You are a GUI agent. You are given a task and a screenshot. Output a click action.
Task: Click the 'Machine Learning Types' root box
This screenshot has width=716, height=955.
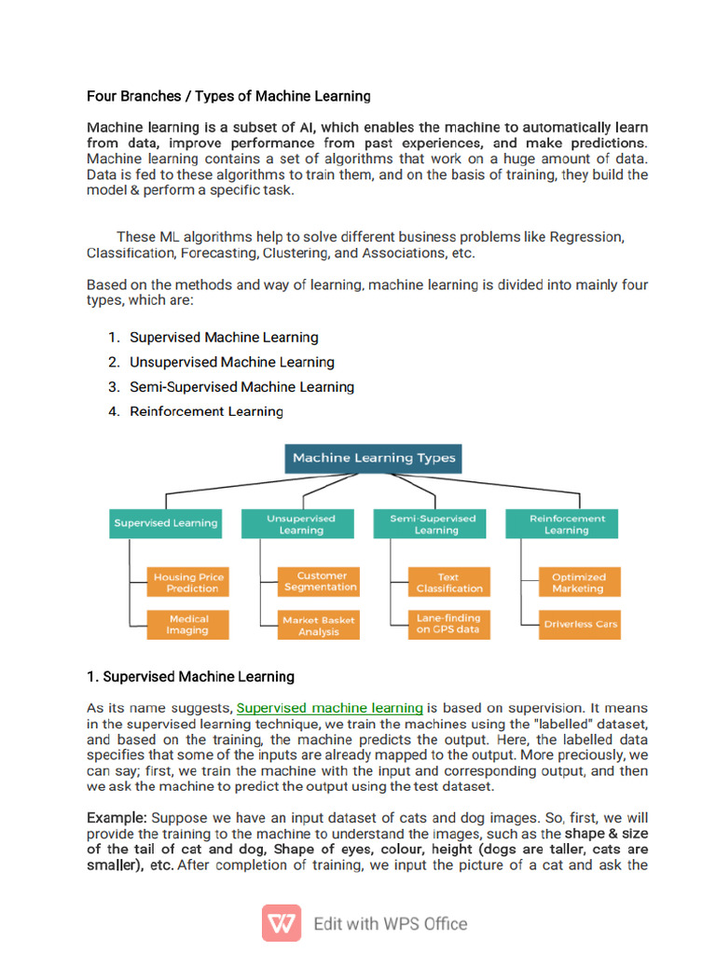(x=374, y=458)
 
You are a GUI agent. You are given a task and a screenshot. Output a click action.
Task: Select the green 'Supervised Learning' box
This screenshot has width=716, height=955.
(x=166, y=523)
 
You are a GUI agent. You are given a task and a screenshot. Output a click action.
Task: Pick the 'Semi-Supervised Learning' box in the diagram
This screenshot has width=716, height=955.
(x=432, y=524)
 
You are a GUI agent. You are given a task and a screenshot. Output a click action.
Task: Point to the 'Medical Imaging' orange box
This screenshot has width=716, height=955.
(x=187, y=624)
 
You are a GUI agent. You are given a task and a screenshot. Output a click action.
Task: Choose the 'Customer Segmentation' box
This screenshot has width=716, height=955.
(x=320, y=582)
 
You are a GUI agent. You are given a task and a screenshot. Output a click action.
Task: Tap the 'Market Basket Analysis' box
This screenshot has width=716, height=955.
(x=319, y=625)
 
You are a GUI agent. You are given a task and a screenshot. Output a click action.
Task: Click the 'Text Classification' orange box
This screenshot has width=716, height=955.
(x=449, y=583)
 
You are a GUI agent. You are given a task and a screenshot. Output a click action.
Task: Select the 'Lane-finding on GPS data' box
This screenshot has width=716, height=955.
(x=449, y=624)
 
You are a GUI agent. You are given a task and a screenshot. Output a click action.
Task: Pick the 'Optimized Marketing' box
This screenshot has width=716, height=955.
(x=578, y=583)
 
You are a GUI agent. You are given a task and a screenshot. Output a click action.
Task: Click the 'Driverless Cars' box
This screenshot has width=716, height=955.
(x=580, y=624)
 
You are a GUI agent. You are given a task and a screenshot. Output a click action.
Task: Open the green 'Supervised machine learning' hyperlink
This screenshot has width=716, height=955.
(x=330, y=708)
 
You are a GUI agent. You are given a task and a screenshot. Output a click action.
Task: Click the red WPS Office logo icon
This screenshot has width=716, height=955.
(x=281, y=923)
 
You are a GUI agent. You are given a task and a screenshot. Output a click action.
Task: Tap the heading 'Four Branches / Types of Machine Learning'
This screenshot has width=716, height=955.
(x=228, y=96)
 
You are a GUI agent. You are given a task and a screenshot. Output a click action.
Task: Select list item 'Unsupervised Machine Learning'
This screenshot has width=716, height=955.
(x=231, y=362)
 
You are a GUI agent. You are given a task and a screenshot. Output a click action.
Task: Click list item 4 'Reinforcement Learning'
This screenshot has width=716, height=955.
(x=206, y=411)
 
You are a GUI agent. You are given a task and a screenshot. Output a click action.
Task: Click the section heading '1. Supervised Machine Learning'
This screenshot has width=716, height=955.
(x=190, y=676)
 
